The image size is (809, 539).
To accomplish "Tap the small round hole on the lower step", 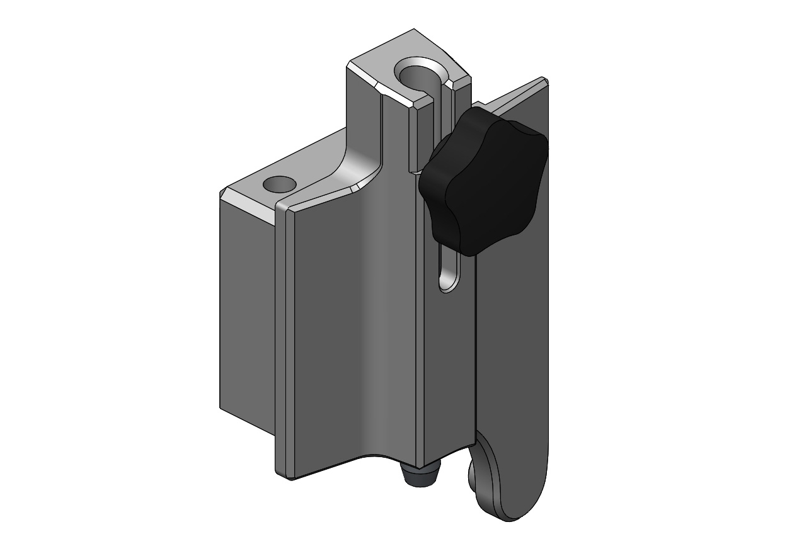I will pyautogui.click(x=280, y=184).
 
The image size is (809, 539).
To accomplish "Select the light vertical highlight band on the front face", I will pyautogui.click(x=372, y=315).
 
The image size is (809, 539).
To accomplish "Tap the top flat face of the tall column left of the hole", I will pyautogui.click(x=378, y=66).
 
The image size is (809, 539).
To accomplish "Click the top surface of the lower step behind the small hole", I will pyautogui.click(x=309, y=167).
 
